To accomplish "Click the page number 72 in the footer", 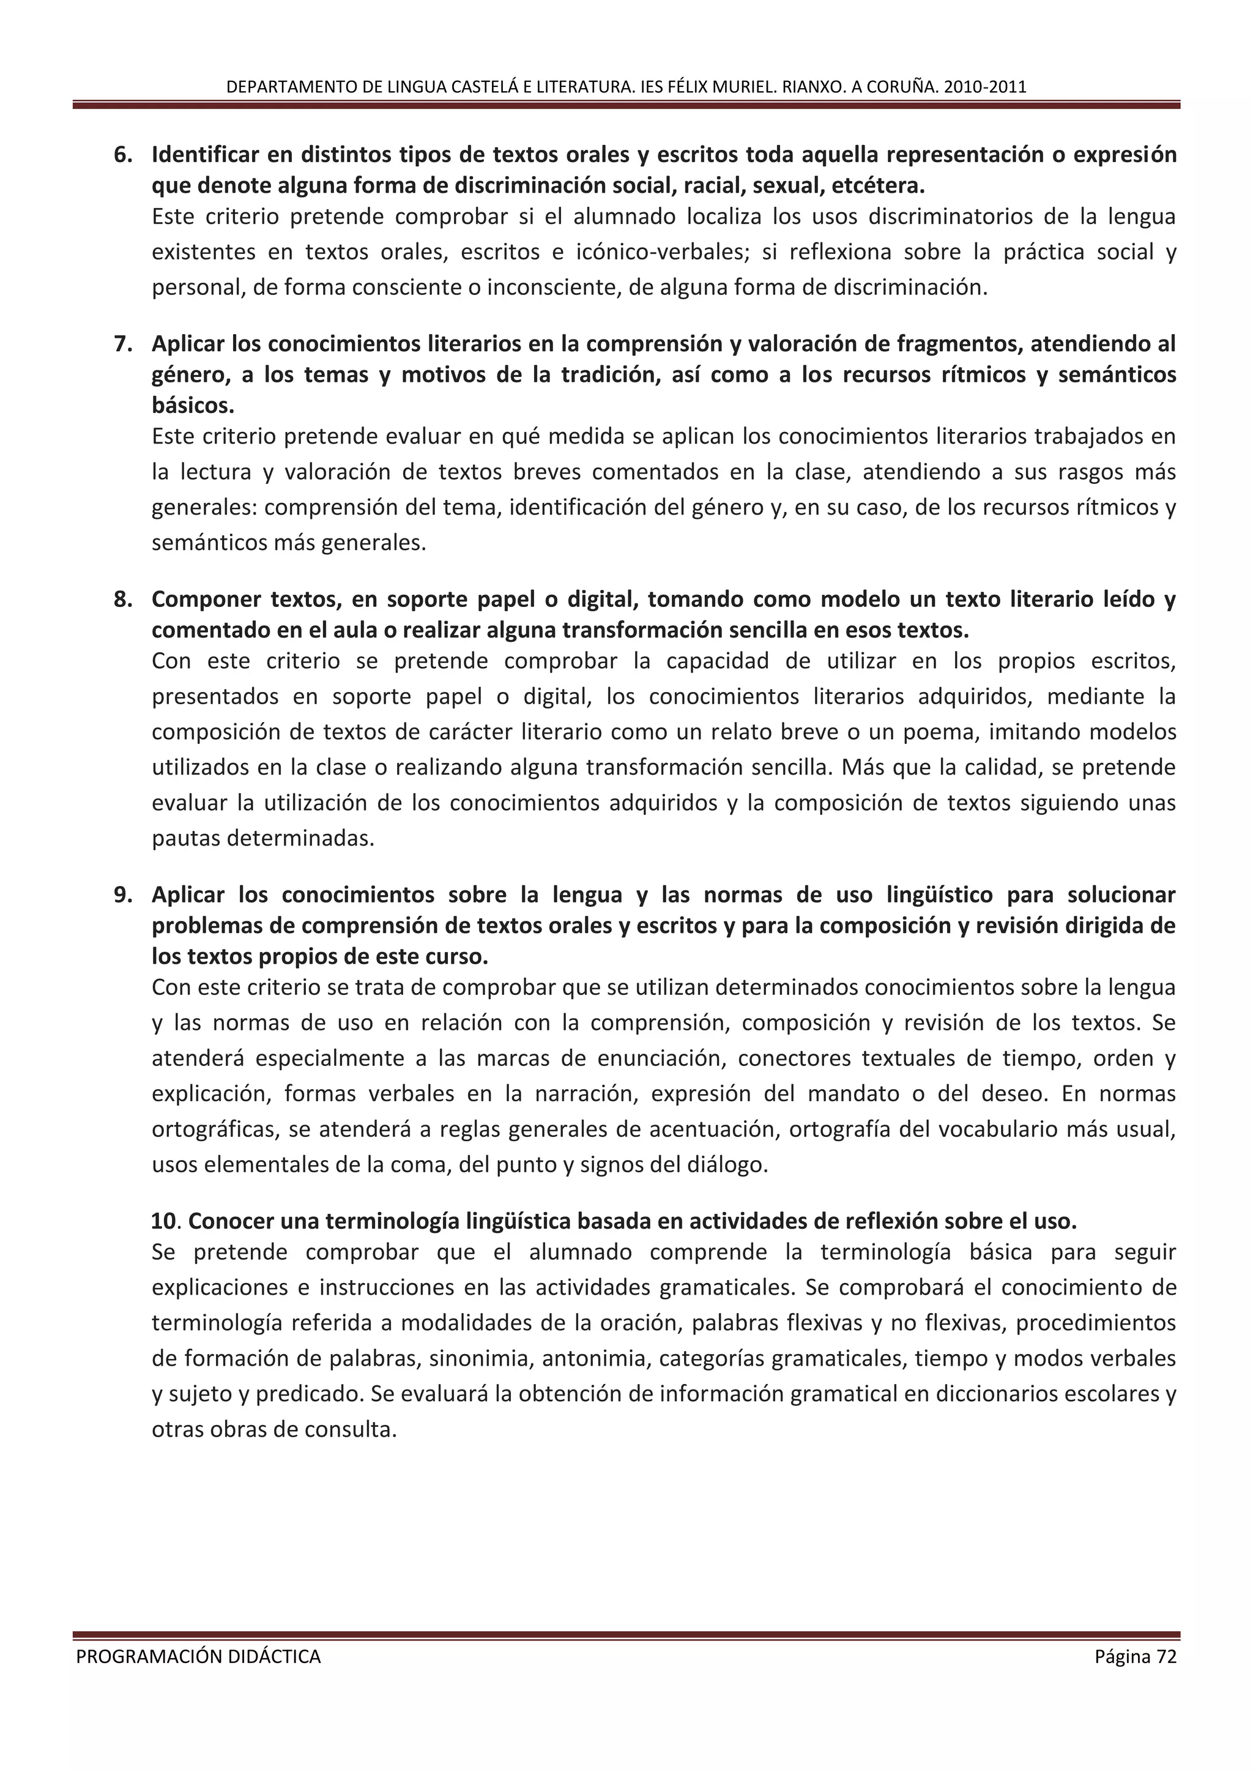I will point(1166,1656).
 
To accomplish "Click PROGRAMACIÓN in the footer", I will point(139,1656).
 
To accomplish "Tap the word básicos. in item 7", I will point(193,405).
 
